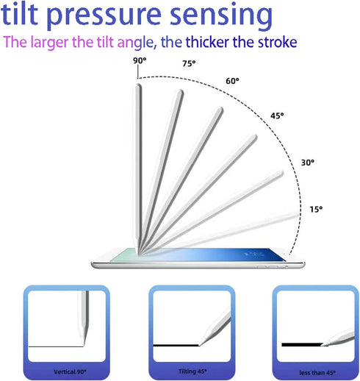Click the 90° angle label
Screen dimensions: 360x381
140,60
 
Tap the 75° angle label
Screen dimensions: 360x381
189,63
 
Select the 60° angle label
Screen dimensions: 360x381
232,81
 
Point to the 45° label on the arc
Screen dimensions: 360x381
277,115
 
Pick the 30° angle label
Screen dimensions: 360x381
308,163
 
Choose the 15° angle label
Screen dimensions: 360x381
316,210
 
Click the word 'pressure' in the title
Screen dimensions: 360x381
104,15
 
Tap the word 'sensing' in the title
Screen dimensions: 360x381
221,15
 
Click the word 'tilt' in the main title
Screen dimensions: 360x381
20,13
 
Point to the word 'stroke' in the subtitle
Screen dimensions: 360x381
278,42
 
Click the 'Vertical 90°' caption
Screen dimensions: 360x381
70,371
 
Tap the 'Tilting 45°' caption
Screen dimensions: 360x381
192,371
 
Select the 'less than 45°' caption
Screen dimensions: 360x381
317,373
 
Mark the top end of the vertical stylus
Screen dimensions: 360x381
138,85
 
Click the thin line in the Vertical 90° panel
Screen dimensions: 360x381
56,346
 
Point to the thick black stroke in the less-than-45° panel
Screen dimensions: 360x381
302,344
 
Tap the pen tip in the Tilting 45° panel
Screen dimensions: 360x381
199,346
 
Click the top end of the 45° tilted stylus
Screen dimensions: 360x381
255,136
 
